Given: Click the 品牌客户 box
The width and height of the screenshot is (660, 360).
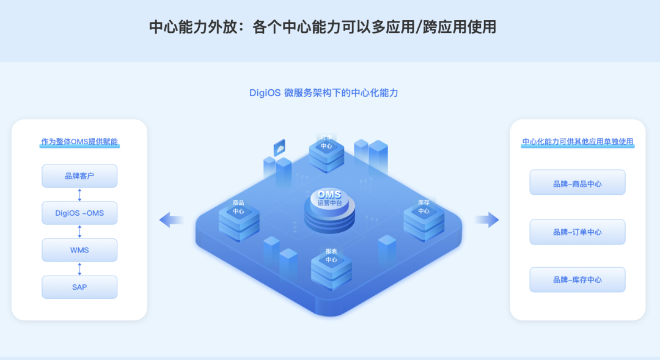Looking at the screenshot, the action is [79, 176].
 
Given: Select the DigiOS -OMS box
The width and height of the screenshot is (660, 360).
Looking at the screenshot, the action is [79, 213].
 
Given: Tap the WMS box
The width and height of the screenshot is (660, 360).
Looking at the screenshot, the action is [79, 250].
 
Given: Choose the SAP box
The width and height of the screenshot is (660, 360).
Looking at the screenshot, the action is [79, 287].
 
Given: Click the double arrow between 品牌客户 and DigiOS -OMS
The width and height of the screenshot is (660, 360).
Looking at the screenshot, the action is [79, 194].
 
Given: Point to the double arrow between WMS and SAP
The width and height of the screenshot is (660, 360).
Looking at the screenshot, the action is [79, 268].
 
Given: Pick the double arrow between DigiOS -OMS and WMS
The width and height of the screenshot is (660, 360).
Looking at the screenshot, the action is [79, 232].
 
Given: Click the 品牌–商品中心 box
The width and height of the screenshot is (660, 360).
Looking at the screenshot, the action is [577, 183].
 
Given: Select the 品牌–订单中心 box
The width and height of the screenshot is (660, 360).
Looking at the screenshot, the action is [577, 232].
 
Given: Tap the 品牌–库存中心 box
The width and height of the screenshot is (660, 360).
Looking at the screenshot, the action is [577, 279].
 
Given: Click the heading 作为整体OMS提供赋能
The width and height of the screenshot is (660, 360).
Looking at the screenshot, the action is [79, 142].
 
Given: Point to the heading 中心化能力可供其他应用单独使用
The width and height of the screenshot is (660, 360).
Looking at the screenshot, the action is [577, 142].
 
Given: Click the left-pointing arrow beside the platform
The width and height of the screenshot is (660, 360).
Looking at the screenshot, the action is [171, 220].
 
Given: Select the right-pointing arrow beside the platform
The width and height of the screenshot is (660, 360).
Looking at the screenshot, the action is [486, 220].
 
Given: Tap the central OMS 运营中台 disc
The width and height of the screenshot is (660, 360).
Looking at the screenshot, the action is [329, 208].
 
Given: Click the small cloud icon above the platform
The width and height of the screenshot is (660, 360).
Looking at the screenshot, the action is [280, 147].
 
